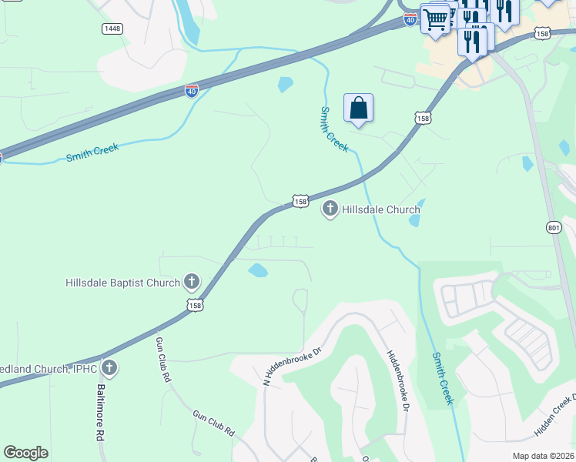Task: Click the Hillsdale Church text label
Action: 381,209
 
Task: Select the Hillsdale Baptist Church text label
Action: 122,283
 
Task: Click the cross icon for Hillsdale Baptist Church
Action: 191,282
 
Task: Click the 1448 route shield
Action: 112,28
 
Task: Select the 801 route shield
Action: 554,227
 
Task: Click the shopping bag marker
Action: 358,108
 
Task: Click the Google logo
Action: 25,453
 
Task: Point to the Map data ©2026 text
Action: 543,456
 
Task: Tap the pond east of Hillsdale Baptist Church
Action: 258,270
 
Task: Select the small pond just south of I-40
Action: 286,84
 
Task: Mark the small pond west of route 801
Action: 527,163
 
